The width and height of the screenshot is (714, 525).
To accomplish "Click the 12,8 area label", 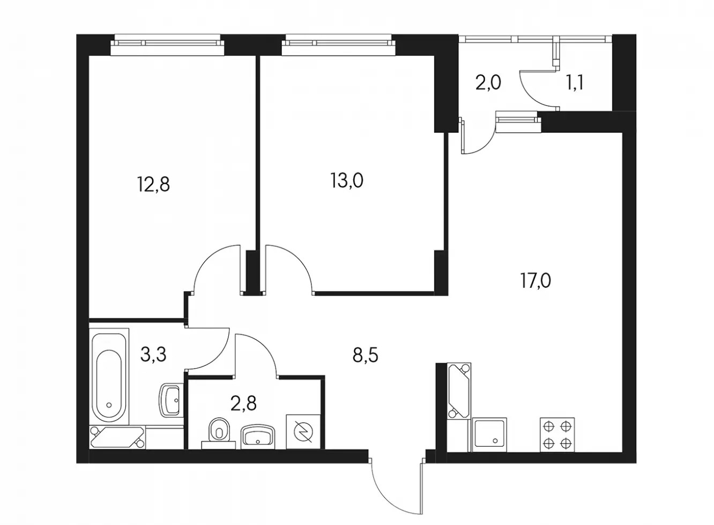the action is coord(154,184).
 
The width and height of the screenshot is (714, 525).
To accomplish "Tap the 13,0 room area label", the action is coord(347,181).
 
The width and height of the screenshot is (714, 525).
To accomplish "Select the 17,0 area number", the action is coord(535,281).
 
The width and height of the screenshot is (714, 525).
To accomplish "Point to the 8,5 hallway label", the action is coord(365,355).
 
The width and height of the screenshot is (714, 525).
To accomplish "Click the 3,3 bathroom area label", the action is coord(153,355).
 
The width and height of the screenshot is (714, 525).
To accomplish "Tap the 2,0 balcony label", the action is coord(488,82).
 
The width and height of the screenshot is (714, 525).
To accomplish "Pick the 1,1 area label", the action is coord(575,84).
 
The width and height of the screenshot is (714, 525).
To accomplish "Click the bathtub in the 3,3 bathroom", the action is coord(109,377).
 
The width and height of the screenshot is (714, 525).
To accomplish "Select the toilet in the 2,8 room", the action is coord(219,433).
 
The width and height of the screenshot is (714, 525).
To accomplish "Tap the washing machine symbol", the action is coord(303,431).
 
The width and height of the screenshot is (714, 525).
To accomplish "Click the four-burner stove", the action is coord(557,434).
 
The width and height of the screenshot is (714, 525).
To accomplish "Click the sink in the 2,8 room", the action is coord(258,435).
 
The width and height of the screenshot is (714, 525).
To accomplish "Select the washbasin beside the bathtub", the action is coord(171,401).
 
